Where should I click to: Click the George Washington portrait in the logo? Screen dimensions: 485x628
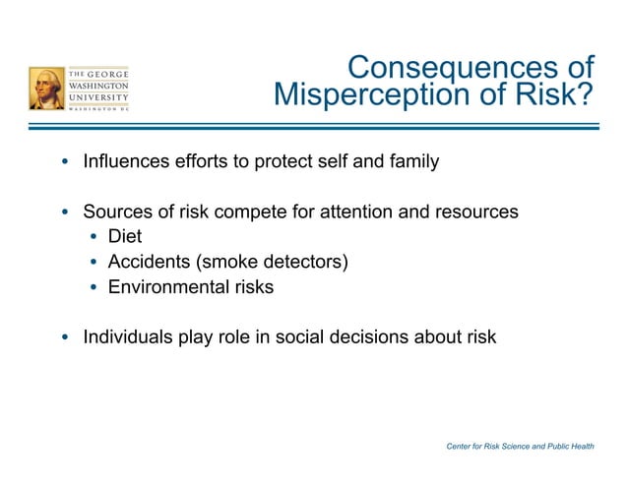coord(46,89)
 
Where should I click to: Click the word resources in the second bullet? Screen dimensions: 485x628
coord(471,212)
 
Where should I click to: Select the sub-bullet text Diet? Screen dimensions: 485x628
coord(125,237)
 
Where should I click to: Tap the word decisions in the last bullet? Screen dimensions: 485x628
coord(374,337)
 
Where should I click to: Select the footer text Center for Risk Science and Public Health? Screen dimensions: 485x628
coord(520,447)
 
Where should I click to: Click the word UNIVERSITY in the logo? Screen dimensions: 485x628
coord(98,98)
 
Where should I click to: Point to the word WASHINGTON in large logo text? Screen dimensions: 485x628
coord(98,86)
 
